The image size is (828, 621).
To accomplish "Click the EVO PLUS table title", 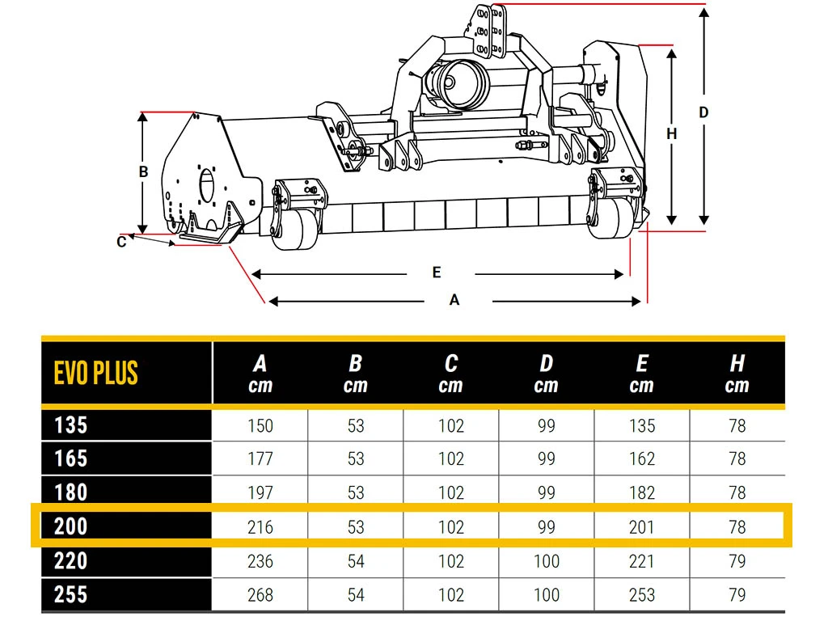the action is pos(95,373).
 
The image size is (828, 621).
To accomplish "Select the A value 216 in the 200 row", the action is pos(260,527).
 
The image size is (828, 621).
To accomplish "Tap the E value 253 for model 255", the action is pos(641,595).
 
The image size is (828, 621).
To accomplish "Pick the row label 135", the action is pos(71,425).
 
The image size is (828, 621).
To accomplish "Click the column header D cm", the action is pos(546,374).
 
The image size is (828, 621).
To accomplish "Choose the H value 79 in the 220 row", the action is pos(737,561).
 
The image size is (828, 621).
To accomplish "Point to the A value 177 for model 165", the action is pos(260,458).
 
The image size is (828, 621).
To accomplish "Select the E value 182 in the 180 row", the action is pos(641,492).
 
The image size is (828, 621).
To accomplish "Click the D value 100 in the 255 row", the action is pos(546,595).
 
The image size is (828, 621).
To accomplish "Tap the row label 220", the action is pos(71,561).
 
